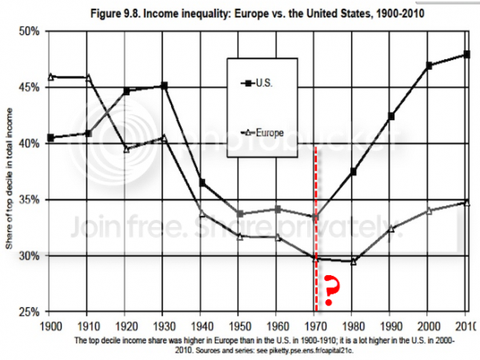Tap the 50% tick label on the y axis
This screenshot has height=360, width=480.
[30, 31]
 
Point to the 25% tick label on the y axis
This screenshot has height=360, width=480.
[30, 311]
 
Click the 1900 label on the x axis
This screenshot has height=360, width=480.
[50, 326]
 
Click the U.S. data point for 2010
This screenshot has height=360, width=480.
[466, 54]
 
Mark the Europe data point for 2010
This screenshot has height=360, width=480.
[466, 202]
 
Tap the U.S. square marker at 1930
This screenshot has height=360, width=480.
[164, 86]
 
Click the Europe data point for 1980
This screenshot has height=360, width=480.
[353, 261]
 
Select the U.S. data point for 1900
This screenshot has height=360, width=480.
[50, 138]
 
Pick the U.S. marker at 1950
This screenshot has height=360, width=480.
[240, 214]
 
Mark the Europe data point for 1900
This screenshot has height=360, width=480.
[50, 77]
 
